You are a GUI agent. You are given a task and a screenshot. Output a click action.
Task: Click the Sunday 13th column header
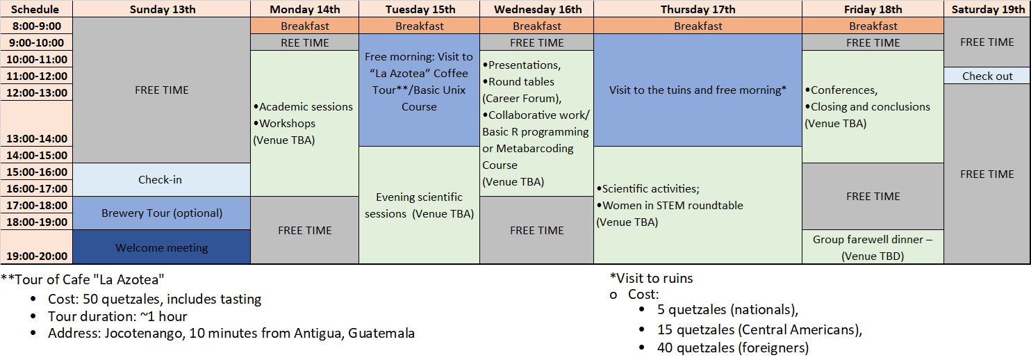click(x=162, y=9)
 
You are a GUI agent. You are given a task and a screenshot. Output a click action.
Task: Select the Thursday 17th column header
click(x=698, y=9)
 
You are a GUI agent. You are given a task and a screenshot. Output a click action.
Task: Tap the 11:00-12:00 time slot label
click(x=37, y=76)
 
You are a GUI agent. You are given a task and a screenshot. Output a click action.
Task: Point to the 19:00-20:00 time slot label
click(x=37, y=256)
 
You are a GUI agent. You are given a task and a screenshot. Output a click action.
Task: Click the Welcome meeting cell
click(x=162, y=247)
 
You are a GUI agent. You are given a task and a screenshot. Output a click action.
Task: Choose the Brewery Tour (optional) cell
click(x=162, y=213)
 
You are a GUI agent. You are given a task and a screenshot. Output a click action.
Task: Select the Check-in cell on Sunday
click(x=162, y=179)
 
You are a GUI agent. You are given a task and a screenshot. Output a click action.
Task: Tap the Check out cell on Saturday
click(x=987, y=76)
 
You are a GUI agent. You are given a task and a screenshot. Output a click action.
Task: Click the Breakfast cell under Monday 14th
click(x=305, y=26)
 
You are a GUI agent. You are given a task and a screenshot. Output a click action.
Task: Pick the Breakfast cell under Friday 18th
click(x=873, y=26)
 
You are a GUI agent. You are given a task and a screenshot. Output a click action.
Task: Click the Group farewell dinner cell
click(x=873, y=247)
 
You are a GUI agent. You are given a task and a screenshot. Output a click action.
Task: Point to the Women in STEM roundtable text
click(x=670, y=205)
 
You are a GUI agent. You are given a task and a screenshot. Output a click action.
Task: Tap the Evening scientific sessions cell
click(x=419, y=205)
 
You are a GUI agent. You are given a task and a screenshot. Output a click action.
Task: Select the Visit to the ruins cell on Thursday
click(x=698, y=90)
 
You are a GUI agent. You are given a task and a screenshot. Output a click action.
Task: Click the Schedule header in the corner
click(x=35, y=9)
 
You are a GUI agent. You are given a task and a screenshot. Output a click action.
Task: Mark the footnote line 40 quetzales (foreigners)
click(x=732, y=347)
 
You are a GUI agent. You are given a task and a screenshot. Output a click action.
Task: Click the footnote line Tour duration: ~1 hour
click(x=117, y=316)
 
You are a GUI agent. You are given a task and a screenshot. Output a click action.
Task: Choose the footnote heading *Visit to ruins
click(x=651, y=278)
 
